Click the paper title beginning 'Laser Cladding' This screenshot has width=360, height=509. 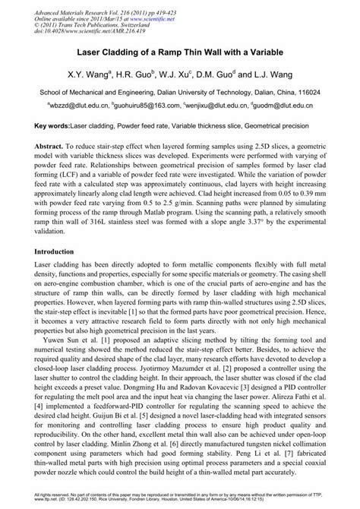179,55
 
